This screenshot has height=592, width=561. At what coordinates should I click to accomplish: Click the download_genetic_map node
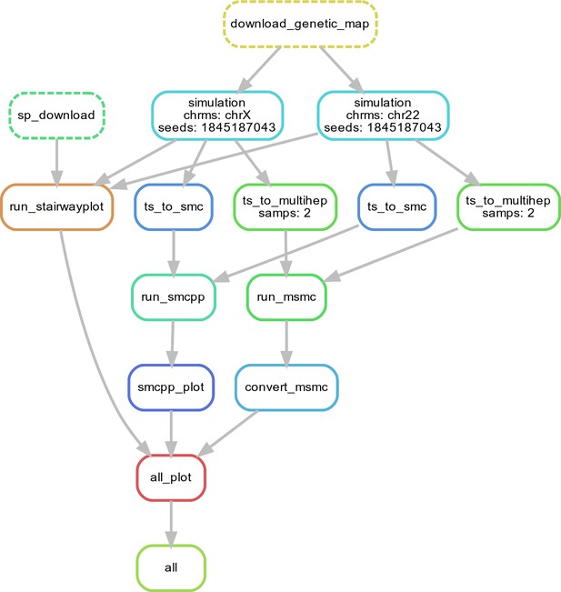click(x=300, y=24)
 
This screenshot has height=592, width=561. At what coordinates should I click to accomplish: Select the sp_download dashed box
click(x=56, y=115)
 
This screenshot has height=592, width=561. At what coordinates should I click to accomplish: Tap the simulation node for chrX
click(x=217, y=115)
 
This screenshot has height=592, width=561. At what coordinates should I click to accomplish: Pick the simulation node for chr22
click(x=383, y=115)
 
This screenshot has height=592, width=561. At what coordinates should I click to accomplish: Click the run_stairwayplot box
click(x=56, y=207)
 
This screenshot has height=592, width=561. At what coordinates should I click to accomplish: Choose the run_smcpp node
click(x=174, y=297)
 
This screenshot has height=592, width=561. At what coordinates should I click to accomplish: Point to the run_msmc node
click(x=286, y=297)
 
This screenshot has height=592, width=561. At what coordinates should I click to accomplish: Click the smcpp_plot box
click(x=171, y=387)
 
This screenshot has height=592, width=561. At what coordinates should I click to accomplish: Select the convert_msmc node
click(x=286, y=387)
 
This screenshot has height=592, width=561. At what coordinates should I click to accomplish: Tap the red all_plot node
click(x=171, y=477)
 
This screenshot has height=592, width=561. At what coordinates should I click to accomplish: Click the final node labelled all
click(x=171, y=567)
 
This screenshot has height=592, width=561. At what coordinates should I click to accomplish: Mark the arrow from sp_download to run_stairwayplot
click(x=56, y=163)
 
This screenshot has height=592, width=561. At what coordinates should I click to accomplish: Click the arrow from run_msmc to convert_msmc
click(x=286, y=344)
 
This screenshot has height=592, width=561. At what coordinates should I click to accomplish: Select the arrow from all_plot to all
click(x=171, y=524)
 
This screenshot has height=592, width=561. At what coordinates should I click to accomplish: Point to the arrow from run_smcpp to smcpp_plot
click(x=172, y=344)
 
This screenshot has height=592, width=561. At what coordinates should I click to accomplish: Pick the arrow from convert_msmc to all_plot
click(x=227, y=433)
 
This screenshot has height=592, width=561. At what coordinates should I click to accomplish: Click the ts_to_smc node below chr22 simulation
click(x=396, y=207)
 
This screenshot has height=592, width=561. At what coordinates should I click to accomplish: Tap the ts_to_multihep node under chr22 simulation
click(x=508, y=207)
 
